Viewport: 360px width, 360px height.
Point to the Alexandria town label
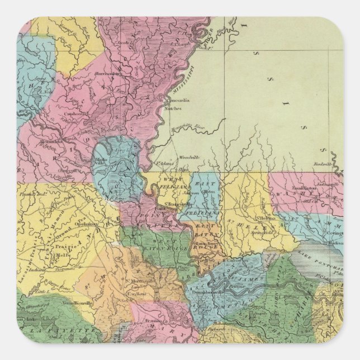(41, 142)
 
